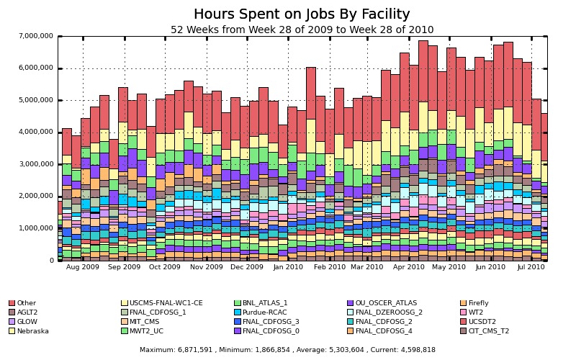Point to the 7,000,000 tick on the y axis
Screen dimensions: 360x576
(35, 36)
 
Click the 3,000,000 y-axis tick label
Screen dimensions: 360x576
(35, 164)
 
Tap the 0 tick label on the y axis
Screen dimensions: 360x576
(51, 261)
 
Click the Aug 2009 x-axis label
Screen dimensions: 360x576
(83, 267)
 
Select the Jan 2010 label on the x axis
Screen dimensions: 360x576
(289, 267)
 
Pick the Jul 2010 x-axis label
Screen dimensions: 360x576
(531, 267)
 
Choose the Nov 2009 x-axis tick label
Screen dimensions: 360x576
(207, 267)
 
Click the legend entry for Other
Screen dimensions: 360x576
(27, 303)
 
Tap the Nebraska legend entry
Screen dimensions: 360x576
(32, 331)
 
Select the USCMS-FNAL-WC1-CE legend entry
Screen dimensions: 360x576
(166, 303)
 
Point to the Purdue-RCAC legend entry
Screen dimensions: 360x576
(264, 312)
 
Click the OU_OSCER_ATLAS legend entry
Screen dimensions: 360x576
(386, 303)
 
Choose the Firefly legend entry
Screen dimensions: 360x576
(478, 303)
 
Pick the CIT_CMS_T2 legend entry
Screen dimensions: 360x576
(488, 331)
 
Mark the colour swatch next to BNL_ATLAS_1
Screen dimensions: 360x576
(238, 303)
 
